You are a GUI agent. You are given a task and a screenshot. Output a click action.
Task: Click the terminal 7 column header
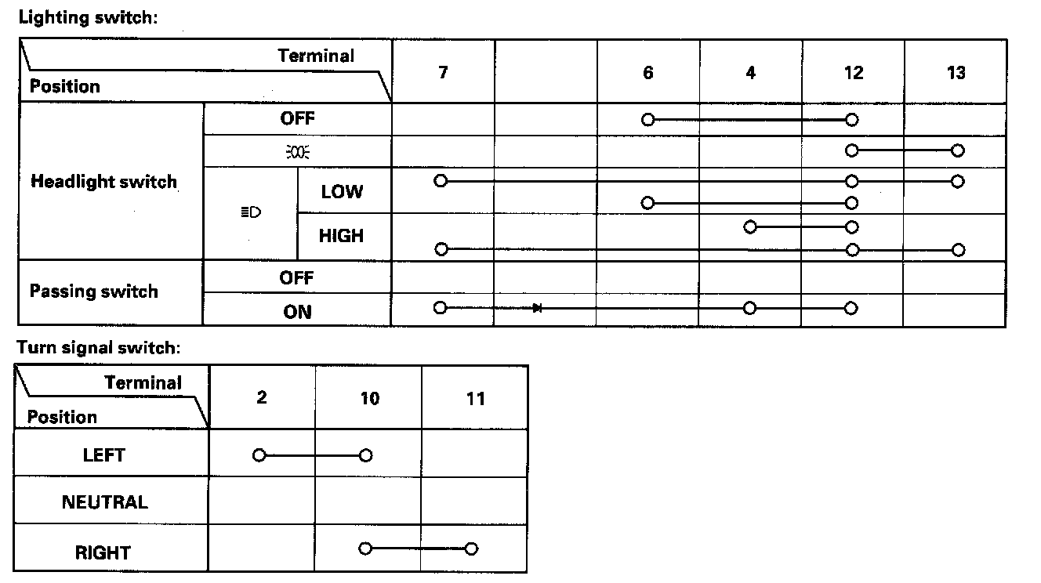pyautogui.click(x=443, y=73)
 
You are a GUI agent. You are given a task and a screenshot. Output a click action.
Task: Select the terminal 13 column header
pyautogui.click(x=956, y=73)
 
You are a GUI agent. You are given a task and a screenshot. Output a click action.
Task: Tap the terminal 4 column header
pyautogui.click(x=751, y=73)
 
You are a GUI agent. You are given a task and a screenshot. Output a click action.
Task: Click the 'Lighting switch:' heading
pyautogui.click(x=88, y=17)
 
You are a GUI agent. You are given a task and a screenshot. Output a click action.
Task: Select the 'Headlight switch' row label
pyautogui.click(x=103, y=182)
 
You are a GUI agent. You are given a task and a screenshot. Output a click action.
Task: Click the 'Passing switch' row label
pyautogui.click(x=93, y=291)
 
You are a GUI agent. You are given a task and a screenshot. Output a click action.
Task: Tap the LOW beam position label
pyautogui.click(x=342, y=192)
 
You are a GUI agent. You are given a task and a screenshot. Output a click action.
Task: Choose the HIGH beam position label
pyautogui.click(x=341, y=235)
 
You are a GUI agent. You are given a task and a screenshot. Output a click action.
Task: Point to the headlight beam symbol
pyautogui.click(x=251, y=212)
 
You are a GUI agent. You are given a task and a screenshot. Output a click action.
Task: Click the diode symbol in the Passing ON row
pyautogui.click(x=537, y=308)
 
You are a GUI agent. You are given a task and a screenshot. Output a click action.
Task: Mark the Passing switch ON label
pyautogui.click(x=297, y=312)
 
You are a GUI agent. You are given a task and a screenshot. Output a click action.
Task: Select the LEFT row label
pyautogui.click(x=103, y=454)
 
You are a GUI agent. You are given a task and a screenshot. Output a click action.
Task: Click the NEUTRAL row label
pyautogui.click(x=104, y=502)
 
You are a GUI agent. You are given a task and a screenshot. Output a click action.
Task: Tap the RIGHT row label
pyautogui.click(x=103, y=552)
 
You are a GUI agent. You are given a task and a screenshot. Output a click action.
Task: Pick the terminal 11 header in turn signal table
pyautogui.click(x=475, y=398)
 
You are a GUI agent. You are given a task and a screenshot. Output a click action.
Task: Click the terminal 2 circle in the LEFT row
pyautogui.click(x=259, y=454)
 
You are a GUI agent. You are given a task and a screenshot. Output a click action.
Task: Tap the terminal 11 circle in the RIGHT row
pyautogui.click(x=470, y=549)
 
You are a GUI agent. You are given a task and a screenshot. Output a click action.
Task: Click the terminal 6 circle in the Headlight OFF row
pyautogui.click(x=647, y=120)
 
